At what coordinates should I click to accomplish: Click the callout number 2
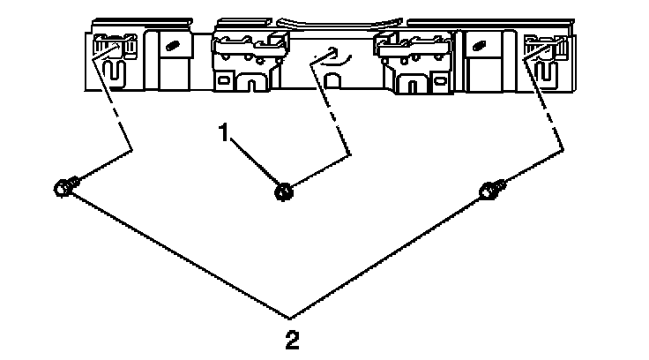point(292,339)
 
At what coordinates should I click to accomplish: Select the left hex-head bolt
point(64,186)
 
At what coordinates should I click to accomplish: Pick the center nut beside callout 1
point(284,189)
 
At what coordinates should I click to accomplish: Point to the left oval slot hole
point(173,46)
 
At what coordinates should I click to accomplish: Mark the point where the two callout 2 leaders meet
point(292,316)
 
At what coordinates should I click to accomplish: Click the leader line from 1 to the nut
point(256,161)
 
